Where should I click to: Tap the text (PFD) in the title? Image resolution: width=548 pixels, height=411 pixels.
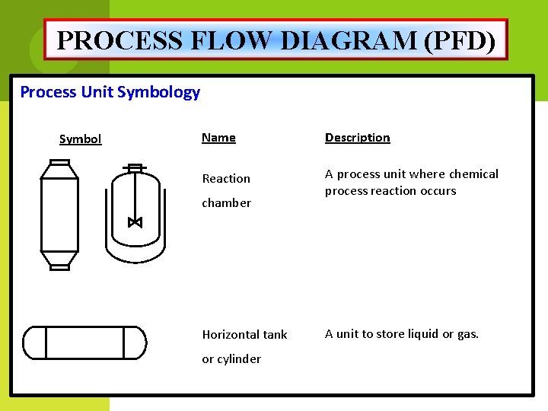tap(463, 40)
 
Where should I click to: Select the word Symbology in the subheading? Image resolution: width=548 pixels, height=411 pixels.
tap(159, 92)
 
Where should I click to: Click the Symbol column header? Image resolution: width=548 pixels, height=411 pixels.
tap(80, 139)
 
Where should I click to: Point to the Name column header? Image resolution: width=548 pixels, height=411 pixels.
tap(218, 138)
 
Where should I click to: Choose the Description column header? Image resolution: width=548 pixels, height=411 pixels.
tap(357, 138)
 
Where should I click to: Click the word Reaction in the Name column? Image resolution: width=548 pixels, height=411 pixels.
tap(226, 178)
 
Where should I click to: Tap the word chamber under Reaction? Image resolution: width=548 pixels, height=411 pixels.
tap(226, 202)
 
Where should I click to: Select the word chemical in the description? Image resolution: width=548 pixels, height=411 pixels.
tap(473, 174)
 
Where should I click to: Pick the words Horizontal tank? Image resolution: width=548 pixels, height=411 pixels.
tap(244, 334)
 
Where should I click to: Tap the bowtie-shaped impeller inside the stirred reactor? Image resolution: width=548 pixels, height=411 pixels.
tap(135, 222)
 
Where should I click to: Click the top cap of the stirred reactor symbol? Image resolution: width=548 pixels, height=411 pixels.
tap(135, 167)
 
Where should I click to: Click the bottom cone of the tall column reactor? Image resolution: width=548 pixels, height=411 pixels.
tap(59, 260)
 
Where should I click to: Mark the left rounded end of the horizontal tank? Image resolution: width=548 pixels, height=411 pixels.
tap(34, 342)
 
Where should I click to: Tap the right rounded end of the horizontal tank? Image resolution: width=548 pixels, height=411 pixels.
tap(135, 342)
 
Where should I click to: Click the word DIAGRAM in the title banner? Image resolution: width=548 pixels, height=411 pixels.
tap(347, 40)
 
